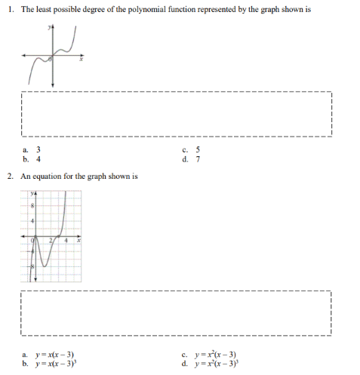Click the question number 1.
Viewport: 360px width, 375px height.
(9, 9)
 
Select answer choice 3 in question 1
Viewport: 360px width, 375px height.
(38, 149)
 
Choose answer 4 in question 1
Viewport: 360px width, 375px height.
(38, 159)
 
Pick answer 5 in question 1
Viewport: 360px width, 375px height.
(198, 149)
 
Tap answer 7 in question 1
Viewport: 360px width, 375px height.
(198, 159)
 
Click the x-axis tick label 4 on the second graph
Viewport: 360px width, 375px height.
(66, 240)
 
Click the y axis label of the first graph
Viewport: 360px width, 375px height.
(50, 28)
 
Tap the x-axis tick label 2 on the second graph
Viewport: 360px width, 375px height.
(51, 240)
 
